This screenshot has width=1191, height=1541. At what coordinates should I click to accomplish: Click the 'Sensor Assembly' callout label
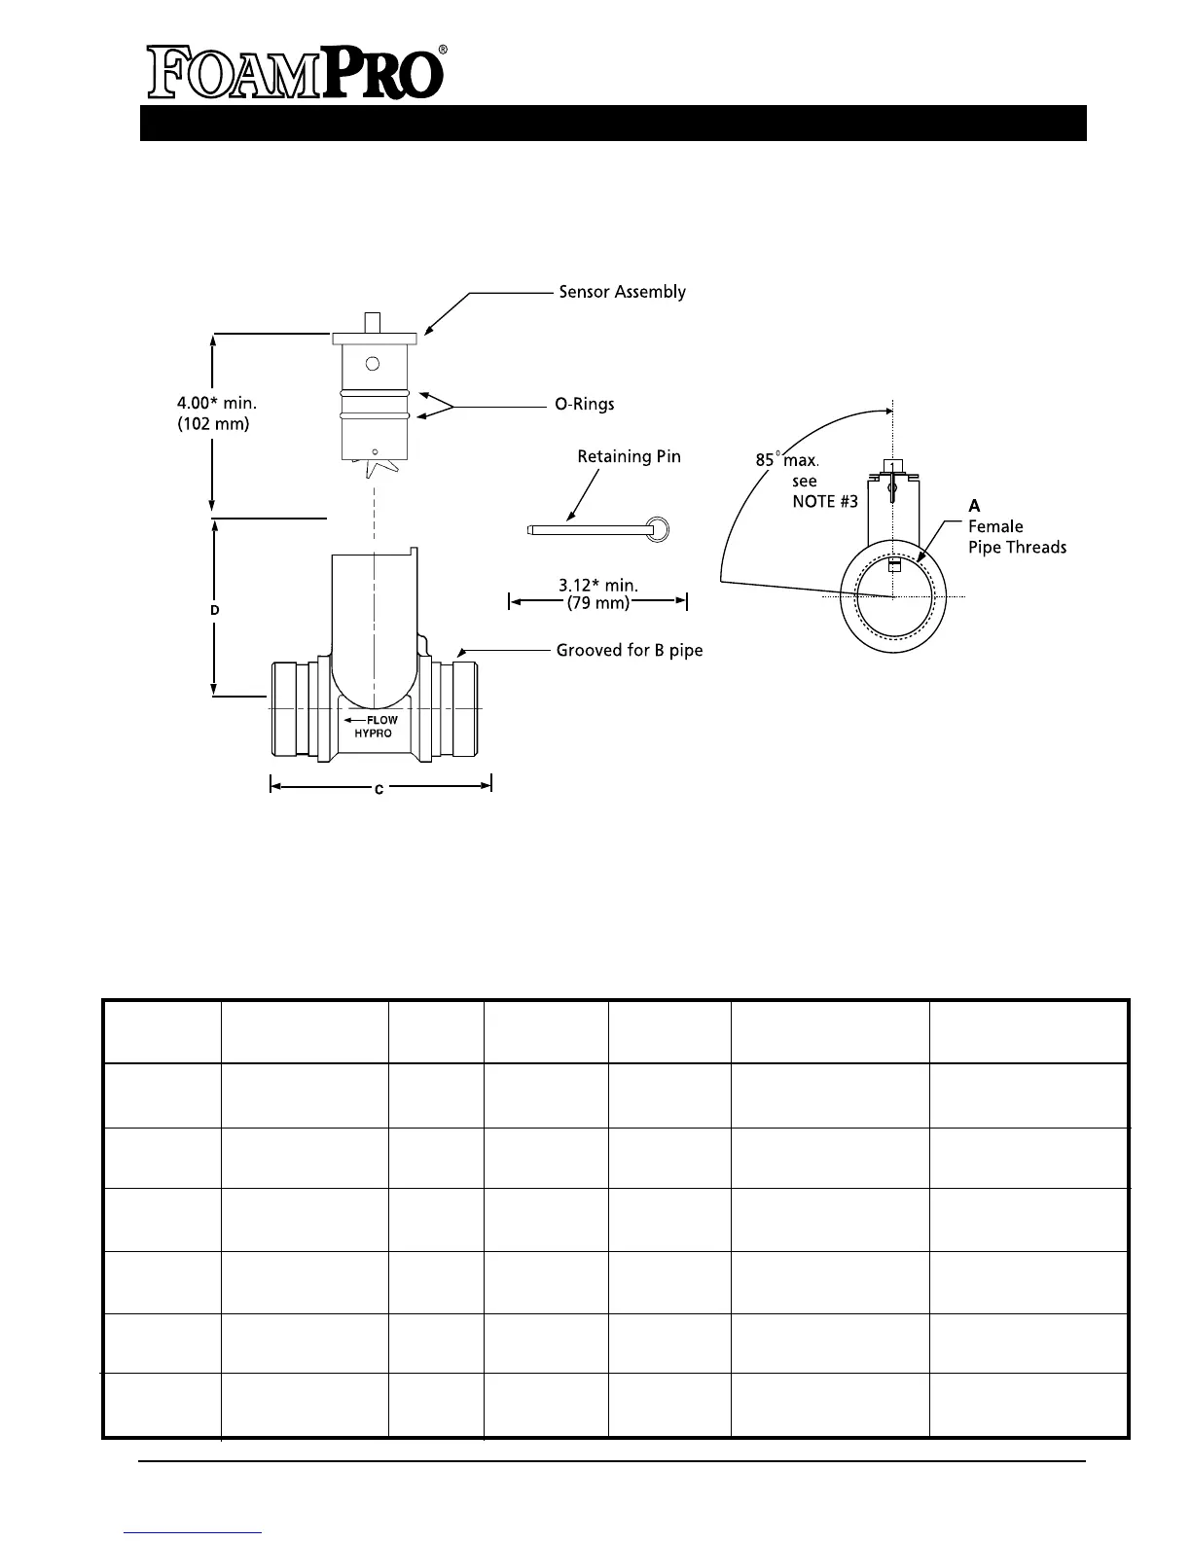622,292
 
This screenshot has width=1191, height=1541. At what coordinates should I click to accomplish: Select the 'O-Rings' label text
584,404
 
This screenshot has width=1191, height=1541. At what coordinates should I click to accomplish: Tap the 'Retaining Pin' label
629,456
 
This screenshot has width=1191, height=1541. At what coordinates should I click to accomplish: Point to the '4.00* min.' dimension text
216,402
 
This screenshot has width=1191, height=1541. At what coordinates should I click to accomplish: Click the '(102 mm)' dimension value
213,424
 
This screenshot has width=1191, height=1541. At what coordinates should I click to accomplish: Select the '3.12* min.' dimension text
597,586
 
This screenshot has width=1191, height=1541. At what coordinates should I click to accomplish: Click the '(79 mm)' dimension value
597,603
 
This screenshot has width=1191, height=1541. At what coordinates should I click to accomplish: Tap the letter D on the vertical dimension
215,610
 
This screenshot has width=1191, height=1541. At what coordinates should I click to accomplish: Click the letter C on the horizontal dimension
379,790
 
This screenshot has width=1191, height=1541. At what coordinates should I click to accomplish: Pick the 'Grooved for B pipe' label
629,650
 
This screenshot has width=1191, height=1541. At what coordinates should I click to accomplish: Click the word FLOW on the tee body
381,720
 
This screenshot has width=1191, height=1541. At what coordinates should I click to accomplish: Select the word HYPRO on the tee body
373,734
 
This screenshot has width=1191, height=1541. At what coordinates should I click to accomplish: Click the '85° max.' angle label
787,459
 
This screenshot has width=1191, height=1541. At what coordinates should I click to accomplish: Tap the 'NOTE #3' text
825,501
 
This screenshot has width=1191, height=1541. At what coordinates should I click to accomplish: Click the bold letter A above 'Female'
974,506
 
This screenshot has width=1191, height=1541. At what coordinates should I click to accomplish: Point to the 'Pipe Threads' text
1017,548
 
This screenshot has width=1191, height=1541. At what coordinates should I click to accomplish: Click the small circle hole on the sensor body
372,364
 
